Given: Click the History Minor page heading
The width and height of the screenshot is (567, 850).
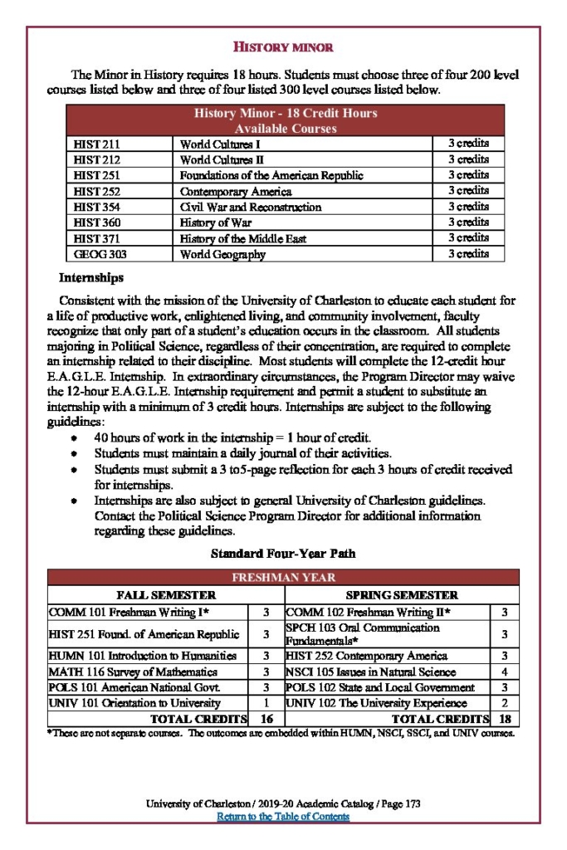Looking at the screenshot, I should pos(283,46).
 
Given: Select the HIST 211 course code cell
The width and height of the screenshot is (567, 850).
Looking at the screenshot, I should pos(98,144).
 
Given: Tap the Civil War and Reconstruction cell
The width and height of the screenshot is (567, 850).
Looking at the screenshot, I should pos(250,207).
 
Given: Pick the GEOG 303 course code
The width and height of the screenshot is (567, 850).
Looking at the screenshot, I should pos(100,254).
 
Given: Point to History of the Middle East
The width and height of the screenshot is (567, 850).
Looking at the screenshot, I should pos(242,238).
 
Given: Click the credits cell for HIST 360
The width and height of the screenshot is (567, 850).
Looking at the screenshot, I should pos(468,222).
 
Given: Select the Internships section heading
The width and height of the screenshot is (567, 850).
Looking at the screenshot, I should pos(91,277).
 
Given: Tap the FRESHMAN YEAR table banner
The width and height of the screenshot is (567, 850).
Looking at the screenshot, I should pos(283,578).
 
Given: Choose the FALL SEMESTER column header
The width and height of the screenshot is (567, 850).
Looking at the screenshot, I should pos(166,595).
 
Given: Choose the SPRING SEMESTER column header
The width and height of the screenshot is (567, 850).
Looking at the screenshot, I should pos(401,595).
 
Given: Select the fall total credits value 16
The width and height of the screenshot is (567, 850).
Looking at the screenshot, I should pos(266,719).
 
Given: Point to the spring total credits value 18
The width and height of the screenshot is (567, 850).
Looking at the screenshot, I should pos(505,719).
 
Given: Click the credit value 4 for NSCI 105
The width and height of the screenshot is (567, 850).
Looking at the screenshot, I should pos(505,672).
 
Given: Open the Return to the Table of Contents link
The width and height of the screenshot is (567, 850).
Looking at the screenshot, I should pos(283,817).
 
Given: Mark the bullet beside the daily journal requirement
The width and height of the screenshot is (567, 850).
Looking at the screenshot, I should pos(76,454).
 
